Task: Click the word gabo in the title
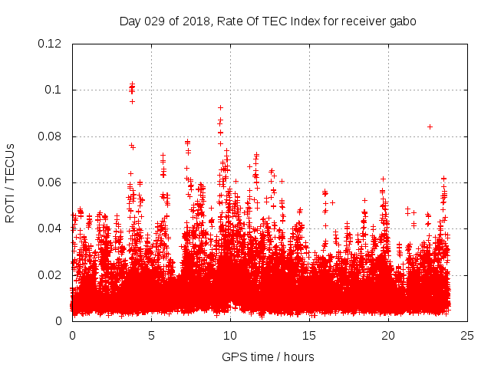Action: click(x=404, y=21)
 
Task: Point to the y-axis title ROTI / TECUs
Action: click(x=10, y=182)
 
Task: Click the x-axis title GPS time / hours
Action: click(x=268, y=356)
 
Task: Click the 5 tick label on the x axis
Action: click(x=151, y=335)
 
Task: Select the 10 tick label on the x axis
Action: click(x=230, y=335)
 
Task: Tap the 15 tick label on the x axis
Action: click(x=309, y=335)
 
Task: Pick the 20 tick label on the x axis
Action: click(x=389, y=335)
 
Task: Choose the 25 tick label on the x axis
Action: click(x=468, y=335)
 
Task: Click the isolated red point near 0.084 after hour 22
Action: click(x=430, y=127)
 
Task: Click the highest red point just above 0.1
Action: click(x=132, y=84)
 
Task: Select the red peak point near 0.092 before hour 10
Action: click(x=220, y=107)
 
